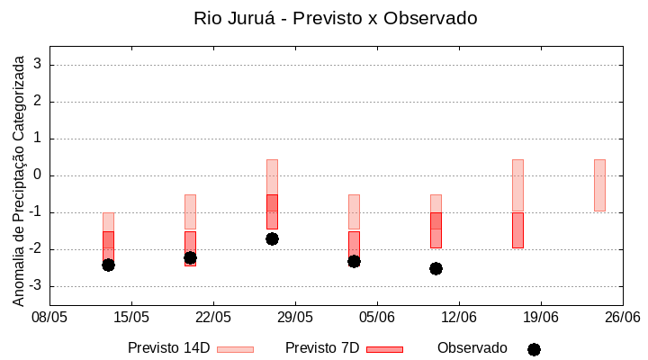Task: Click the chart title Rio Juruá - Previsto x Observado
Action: click(x=335, y=18)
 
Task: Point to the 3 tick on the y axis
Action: click(x=39, y=65)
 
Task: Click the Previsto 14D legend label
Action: click(x=168, y=348)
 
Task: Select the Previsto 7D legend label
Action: click(x=322, y=348)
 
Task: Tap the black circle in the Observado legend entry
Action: click(x=534, y=349)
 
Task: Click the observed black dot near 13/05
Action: click(x=108, y=265)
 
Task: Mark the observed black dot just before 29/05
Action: click(x=272, y=238)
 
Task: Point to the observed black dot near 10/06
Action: click(x=436, y=268)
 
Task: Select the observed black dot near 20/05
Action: click(x=190, y=257)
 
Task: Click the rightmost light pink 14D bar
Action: click(x=599, y=185)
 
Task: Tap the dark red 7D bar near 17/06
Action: click(x=517, y=230)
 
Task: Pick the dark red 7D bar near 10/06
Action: click(x=436, y=230)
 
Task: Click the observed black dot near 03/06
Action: click(x=354, y=261)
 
